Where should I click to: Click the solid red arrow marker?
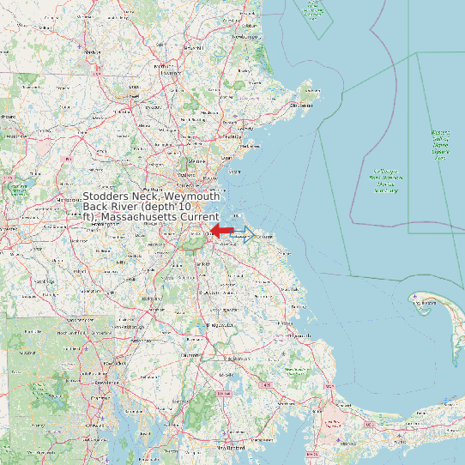pyautogui.click(x=223, y=231)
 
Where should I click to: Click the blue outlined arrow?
pyautogui.click(x=243, y=234)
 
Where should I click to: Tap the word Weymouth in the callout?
pyautogui.click(x=193, y=196)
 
